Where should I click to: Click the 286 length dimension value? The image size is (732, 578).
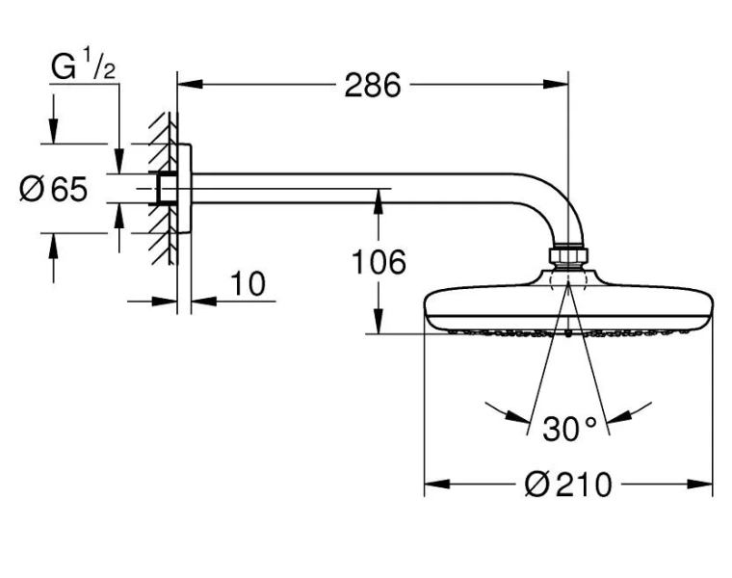[x=373, y=86]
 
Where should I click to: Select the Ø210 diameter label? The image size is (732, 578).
[x=568, y=484]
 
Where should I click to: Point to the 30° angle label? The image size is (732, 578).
[x=569, y=429]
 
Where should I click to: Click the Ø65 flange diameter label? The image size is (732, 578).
[x=54, y=189]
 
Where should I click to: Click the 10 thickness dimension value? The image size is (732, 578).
[x=248, y=284]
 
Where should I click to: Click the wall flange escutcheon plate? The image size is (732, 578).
[x=187, y=189]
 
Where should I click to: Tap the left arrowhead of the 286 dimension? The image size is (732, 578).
[x=189, y=85]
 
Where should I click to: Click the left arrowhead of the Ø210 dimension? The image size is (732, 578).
[x=434, y=484]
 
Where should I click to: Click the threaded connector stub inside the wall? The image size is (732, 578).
[x=167, y=189]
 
